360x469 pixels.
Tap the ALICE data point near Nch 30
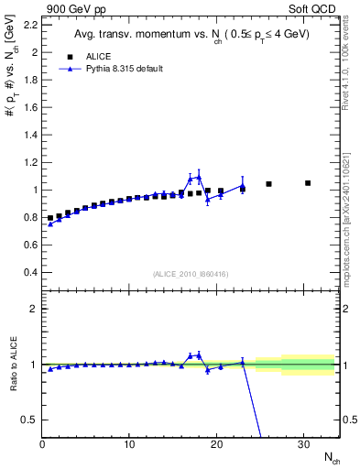pyautogui.click(x=308, y=183)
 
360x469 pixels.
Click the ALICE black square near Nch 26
pyautogui.click(x=268, y=184)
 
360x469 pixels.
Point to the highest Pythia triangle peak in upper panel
pyautogui.click(x=199, y=177)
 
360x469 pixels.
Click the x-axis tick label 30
pyautogui.click(x=304, y=443)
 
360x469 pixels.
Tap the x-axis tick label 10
pyautogui.click(x=129, y=443)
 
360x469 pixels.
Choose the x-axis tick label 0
pyautogui.click(x=42, y=443)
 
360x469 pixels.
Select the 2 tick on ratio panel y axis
pyautogui.click(x=33, y=309)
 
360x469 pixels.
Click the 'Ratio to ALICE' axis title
pyautogui.click(x=12, y=364)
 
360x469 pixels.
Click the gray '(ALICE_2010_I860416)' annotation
pyautogui.click(x=191, y=273)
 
